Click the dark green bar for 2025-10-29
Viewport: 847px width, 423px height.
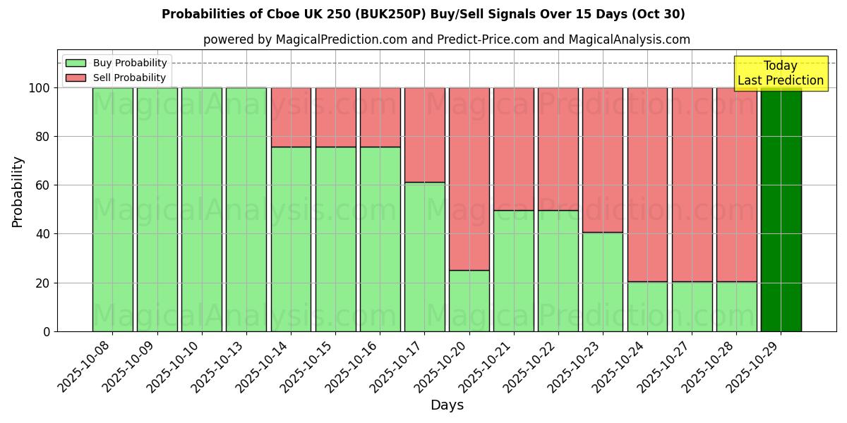[x=781, y=209]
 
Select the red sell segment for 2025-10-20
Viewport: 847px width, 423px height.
[x=469, y=178]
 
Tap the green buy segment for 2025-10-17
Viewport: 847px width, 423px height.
[x=424, y=257]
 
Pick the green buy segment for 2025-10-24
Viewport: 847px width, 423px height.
[x=647, y=307]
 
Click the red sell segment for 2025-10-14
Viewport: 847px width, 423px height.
[x=291, y=117]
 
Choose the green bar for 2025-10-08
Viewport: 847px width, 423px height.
[x=112, y=209]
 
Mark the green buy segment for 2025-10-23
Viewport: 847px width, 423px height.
[x=603, y=282]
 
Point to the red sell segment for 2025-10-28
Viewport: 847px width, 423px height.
[x=736, y=185]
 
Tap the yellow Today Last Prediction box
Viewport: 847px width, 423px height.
[x=781, y=73]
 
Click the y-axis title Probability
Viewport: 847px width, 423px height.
[x=18, y=192]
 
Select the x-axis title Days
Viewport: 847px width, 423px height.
[x=447, y=405]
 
